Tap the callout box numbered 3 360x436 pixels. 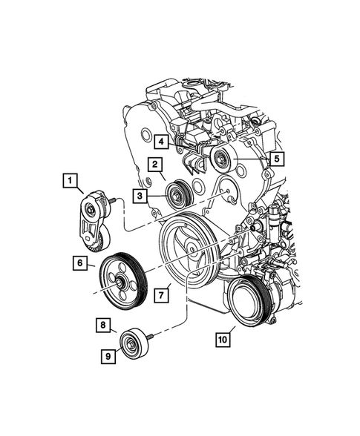pos(140,195)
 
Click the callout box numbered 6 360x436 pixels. pos(78,261)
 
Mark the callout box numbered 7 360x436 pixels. pos(159,296)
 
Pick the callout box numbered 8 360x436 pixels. pos(104,324)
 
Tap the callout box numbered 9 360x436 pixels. pos(109,357)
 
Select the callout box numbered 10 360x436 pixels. pos(223,340)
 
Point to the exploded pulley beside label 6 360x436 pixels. pos(121,279)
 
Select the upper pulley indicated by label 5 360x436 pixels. pos(222,159)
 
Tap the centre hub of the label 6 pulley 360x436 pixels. pos(120,280)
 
